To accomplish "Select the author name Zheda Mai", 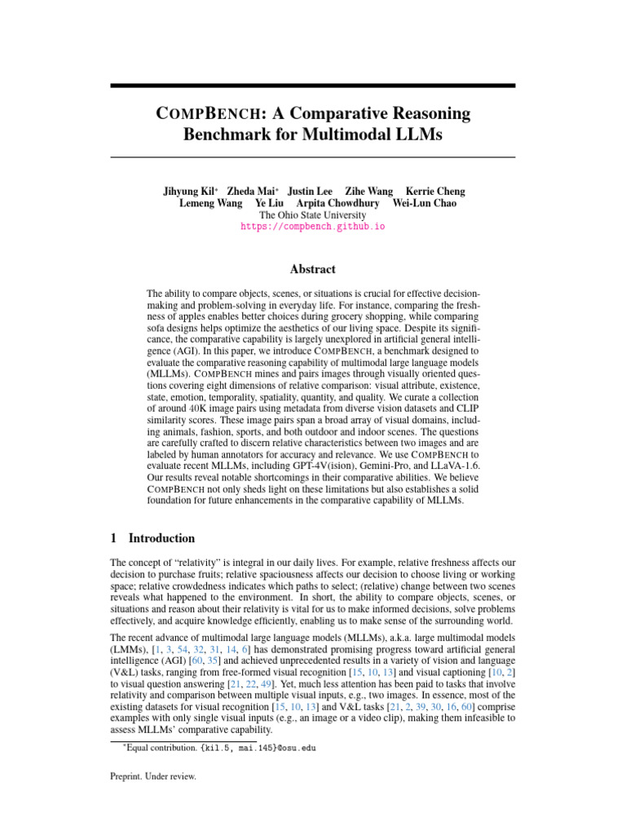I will [250, 192].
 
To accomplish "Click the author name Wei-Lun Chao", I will [425, 203].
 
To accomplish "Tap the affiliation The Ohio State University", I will [312, 214].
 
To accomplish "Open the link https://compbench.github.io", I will [312, 227].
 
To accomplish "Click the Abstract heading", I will [312, 269].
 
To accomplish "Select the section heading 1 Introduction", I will [152, 538].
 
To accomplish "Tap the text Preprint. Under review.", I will [153, 778].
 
